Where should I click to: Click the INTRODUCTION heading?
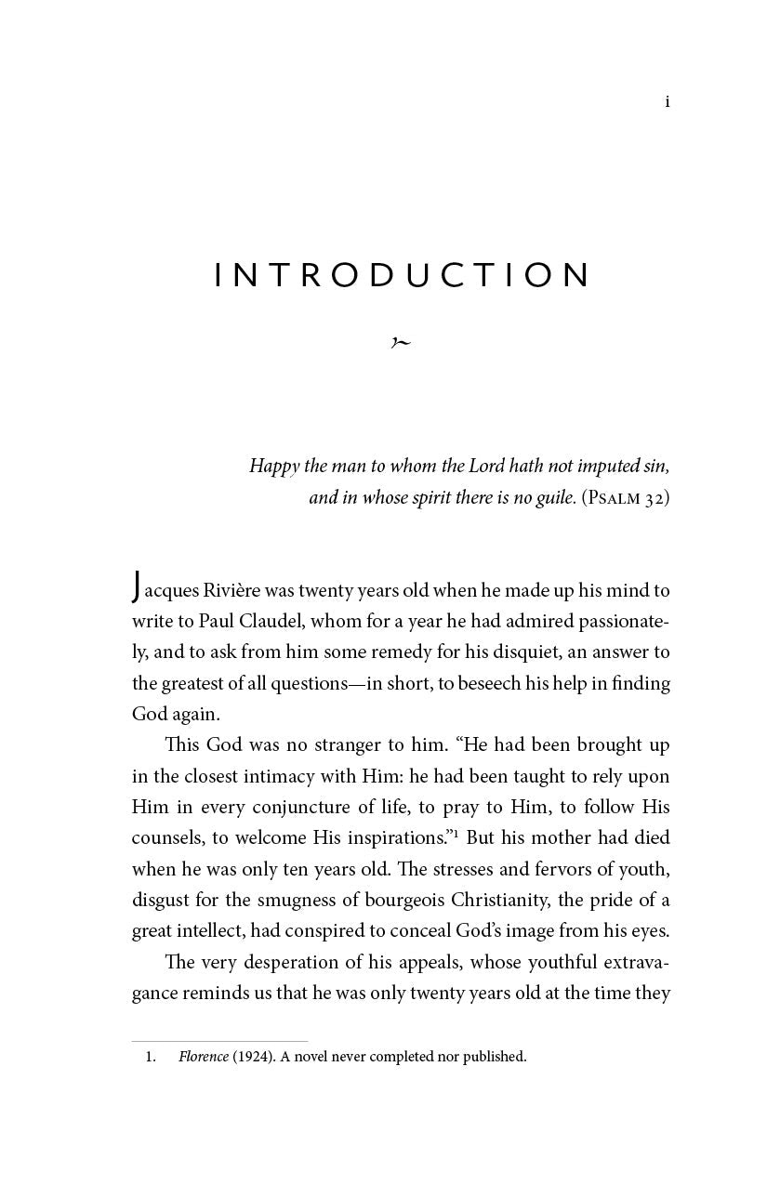[403, 275]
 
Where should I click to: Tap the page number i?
[668, 101]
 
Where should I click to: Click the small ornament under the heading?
[401, 343]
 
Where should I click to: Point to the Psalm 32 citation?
[626, 498]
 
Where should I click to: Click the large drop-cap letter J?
[138, 587]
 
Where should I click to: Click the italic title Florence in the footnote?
[203, 1057]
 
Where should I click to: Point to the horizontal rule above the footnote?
[219, 1041]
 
